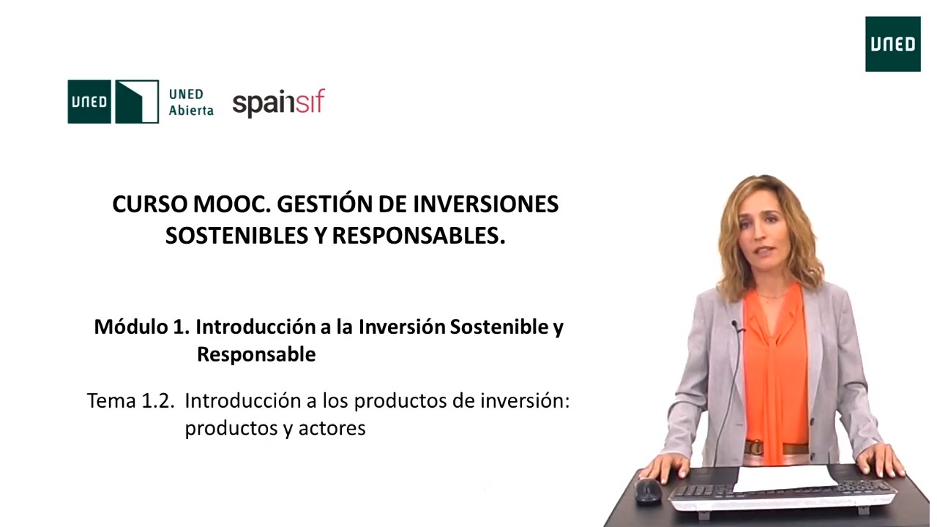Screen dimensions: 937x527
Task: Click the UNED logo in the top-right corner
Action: [892, 44]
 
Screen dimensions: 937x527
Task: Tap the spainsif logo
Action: [279, 102]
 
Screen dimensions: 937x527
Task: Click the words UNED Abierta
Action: [191, 102]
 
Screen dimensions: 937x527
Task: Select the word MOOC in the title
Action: [231, 204]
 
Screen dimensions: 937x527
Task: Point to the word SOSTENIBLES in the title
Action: [236, 236]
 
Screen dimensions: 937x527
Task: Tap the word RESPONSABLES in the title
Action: [418, 236]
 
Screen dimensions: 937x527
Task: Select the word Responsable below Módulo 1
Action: [256, 355]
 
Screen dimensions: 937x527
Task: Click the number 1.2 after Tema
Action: [157, 401]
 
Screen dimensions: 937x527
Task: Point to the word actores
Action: [332, 428]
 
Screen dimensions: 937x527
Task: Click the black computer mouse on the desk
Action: [648, 491]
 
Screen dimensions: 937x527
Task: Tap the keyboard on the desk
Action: [783, 497]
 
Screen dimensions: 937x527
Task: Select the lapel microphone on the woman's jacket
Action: [736, 326]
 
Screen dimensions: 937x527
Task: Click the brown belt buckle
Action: [754, 447]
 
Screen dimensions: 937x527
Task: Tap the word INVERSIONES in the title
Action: [485, 204]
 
